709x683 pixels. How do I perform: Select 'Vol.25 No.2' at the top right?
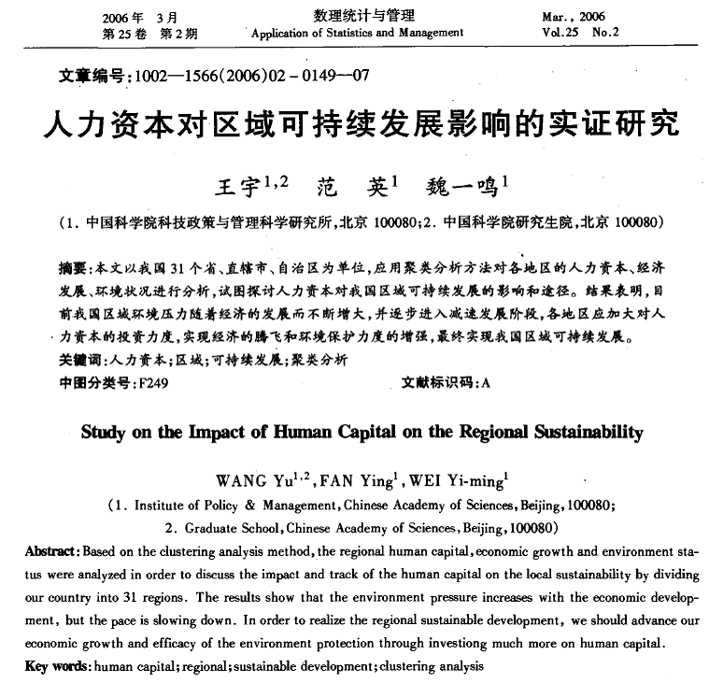(x=579, y=32)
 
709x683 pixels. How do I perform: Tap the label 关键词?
(x=76, y=360)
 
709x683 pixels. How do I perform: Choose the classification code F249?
(x=151, y=383)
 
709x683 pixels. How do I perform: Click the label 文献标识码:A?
(x=446, y=383)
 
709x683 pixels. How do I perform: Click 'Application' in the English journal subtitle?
(x=283, y=33)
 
